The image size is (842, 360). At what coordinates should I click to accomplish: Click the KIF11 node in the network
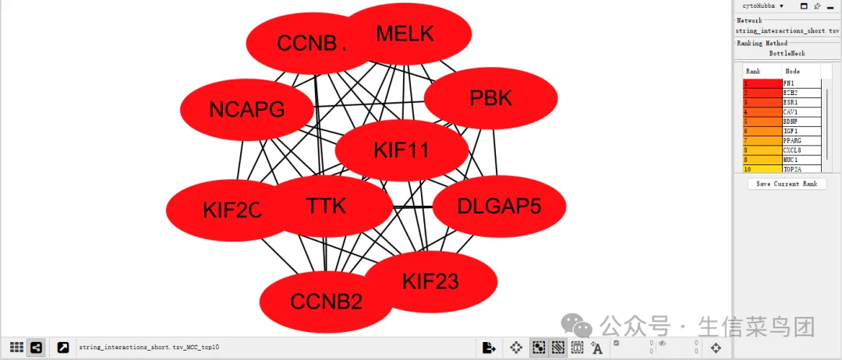(x=402, y=150)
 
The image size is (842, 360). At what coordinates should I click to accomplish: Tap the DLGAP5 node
(x=499, y=206)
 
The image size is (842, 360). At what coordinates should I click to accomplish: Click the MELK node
(x=405, y=34)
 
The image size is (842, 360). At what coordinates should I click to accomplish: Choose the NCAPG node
(x=246, y=110)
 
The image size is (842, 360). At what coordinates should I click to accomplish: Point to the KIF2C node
(x=232, y=210)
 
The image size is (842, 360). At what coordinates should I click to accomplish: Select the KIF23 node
(x=430, y=281)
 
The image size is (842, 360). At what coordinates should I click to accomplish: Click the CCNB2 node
(x=326, y=302)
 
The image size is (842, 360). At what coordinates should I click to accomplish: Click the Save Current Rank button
(x=787, y=184)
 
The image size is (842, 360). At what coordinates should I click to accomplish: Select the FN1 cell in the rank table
(x=801, y=83)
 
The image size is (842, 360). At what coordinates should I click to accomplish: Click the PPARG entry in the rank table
(x=801, y=140)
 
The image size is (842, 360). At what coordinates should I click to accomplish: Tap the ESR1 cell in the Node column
(x=801, y=102)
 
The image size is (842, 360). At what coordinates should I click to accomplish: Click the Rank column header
(x=762, y=71)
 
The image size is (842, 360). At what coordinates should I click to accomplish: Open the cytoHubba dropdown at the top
(x=763, y=5)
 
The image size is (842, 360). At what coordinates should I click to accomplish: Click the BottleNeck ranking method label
(x=787, y=54)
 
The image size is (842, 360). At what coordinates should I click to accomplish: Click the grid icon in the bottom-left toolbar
(x=16, y=348)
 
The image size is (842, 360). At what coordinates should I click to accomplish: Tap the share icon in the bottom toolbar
(x=36, y=348)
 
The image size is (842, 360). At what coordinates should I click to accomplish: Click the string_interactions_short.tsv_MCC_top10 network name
(x=149, y=347)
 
